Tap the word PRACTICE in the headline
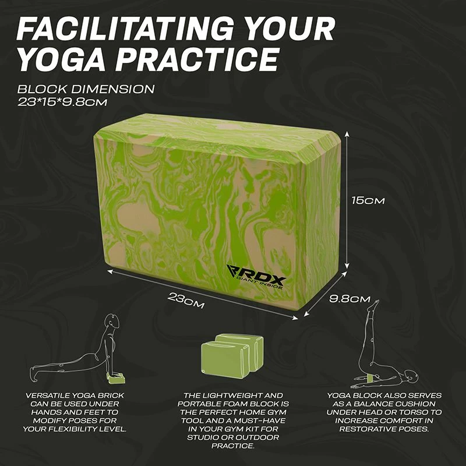197,59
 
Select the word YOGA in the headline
62,59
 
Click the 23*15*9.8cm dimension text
62,103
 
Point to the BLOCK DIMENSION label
86,89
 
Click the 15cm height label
368,200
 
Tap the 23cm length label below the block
186,301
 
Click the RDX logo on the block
256,276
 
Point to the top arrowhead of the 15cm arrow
347,135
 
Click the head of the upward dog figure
113,321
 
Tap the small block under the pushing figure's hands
116,378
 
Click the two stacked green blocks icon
232,356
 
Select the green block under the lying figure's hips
372,377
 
